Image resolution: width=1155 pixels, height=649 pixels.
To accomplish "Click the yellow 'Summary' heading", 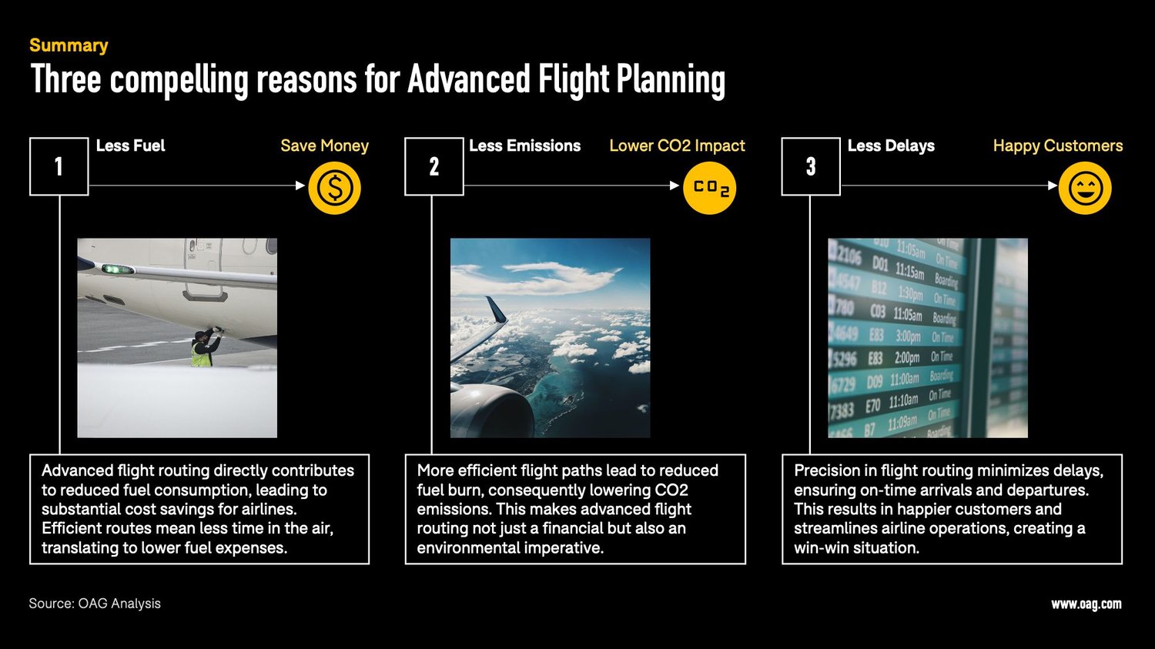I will (69, 45).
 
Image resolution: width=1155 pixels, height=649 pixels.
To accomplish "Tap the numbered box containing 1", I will (59, 166).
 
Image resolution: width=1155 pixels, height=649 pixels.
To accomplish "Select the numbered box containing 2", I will (434, 166).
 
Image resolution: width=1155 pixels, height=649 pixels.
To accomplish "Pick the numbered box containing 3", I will (811, 166).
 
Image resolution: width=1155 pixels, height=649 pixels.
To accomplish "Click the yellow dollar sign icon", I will (334, 188).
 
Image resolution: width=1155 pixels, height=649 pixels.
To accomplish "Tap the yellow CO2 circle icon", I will (709, 188).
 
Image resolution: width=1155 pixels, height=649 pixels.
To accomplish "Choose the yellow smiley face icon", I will (1085, 188).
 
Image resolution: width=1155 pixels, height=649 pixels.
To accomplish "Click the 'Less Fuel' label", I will (130, 146).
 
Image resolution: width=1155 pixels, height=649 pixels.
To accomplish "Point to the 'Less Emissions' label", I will (524, 146).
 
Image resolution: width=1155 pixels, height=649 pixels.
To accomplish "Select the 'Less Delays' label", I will (891, 146).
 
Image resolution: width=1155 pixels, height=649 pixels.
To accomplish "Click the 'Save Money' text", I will (324, 146).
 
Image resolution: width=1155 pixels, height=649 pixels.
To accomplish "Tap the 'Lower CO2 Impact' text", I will (677, 146).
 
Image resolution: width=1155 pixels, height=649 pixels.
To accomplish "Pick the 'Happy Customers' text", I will (1057, 146).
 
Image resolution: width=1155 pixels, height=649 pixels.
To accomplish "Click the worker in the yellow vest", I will (203, 350).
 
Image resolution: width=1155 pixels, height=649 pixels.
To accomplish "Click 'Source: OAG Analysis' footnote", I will (95, 604).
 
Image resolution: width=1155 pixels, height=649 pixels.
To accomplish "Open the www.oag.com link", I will (1086, 604).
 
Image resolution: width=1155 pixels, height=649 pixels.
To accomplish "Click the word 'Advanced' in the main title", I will (469, 80).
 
